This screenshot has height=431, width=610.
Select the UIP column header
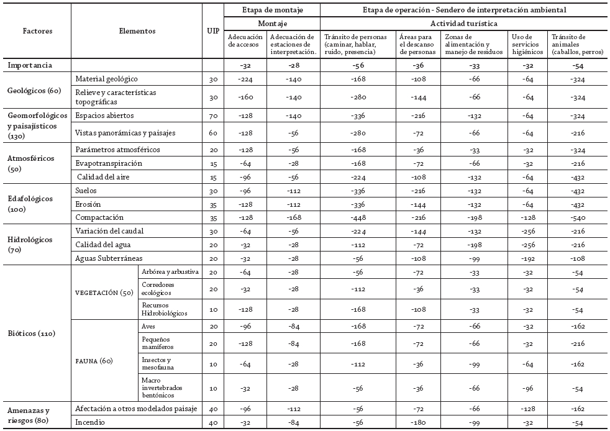pyautogui.click(x=212, y=30)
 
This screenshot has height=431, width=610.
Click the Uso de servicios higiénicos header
pyautogui.click(x=527, y=44)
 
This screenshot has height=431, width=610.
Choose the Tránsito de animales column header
pyautogui.click(x=576, y=44)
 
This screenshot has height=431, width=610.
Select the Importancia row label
pyautogui.click(x=30, y=65)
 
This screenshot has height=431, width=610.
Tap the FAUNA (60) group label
pyautogui.click(x=98, y=360)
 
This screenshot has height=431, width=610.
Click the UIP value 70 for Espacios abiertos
pyautogui.click(x=212, y=116)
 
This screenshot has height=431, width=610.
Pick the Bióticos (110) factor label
pyautogui.click(x=31, y=333)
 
